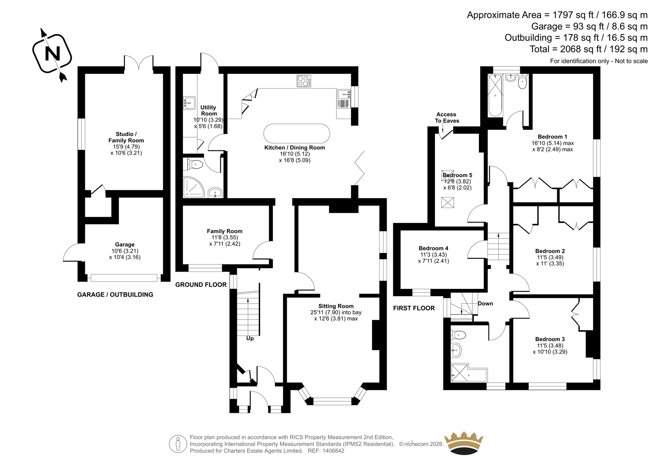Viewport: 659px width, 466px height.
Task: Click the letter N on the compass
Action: pos(52,54)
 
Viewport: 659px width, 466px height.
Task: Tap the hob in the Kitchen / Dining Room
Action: pos(304,81)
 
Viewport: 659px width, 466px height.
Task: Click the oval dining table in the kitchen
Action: pos(297,133)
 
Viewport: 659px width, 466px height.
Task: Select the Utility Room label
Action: pos(208,110)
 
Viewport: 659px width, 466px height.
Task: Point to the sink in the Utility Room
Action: pos(189,103)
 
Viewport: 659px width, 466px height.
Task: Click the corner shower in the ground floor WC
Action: pos(194,187)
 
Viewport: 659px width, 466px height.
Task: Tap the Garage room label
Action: pos(125,244)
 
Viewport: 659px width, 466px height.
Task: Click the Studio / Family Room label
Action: pos(126,137)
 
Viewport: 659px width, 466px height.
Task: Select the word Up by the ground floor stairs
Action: pos(250,339)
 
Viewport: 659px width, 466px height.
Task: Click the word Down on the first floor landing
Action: pos(485,304)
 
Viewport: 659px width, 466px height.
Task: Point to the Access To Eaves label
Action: pos(446,117)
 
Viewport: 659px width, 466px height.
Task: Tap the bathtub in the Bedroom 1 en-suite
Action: pos(495,95)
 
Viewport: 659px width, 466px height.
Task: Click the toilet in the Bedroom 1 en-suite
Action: pos(522,81)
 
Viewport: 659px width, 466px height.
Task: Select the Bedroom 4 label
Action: pos(433,248)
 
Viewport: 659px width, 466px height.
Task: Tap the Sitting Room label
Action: pos(336,306)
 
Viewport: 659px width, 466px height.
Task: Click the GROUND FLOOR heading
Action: pos(201,285)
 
